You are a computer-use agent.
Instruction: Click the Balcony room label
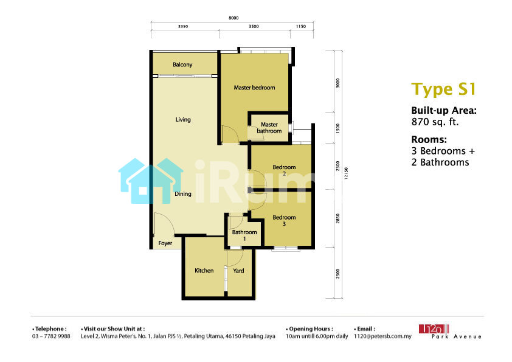(x=182, y=64)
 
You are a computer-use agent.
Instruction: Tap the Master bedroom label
(x=254, y=88)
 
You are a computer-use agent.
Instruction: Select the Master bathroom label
(x=269, y=128)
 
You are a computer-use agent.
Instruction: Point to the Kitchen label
(x=204, y=271)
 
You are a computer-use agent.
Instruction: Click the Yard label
(x=238, y=271)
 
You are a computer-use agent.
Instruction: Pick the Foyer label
(x=165, y=243)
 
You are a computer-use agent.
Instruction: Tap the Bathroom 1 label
(x=244, y=235)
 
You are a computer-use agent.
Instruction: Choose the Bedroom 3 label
(x=284, y=220)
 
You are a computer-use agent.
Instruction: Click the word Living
(x=183, y=120)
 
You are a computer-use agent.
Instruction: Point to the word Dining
(x=183, y=193)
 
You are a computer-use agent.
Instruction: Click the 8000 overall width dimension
(x=234, y=18)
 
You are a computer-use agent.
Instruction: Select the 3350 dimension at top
(x=183, y=26)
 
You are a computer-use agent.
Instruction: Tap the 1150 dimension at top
(x=301, y=26)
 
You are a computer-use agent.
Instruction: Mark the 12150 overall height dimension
(x=346, y=173)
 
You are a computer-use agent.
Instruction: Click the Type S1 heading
(x=443, y=89)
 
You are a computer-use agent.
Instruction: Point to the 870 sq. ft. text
(x=435, y=122)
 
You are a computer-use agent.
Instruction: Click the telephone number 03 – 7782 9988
(x=51, y=336)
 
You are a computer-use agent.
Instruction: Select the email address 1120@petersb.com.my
(x=382, y=336)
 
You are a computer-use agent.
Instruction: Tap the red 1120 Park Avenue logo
(x=450, y=332)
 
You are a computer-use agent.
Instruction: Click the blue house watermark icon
(x=151, y=181)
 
